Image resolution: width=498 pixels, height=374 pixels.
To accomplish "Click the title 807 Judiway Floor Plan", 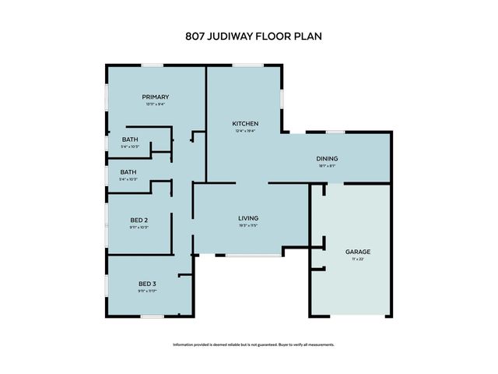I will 249,36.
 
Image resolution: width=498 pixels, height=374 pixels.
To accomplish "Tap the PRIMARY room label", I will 155,97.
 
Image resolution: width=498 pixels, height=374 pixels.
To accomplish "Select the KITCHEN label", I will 245,124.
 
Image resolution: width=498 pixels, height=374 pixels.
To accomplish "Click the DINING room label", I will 327,158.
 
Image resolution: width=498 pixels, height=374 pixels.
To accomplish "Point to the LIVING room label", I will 248,218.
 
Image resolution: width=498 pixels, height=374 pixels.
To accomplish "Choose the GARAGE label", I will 357,252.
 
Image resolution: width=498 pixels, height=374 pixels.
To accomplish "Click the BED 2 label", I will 139,221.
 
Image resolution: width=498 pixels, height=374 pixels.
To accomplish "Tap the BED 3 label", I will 147,283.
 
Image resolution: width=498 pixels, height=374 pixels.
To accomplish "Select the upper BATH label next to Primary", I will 129,139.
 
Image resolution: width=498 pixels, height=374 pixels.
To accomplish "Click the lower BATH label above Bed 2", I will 128,172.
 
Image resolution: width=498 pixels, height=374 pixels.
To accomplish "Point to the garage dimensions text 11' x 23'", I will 357,259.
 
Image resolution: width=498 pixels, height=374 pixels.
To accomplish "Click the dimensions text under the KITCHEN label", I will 245,131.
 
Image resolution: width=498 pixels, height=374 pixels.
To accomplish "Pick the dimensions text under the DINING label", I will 327,165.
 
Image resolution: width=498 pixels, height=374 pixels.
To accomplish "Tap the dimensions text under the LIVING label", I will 248,226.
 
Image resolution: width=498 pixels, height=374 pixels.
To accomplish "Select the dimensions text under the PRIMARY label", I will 155,104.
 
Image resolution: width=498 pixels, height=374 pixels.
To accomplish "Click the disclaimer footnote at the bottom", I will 249,344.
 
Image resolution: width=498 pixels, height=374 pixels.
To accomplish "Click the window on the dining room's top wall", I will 335,132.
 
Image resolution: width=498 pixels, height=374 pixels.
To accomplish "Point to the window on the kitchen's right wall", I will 282,97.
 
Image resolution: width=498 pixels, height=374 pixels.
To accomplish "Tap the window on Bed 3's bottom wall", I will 152,316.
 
